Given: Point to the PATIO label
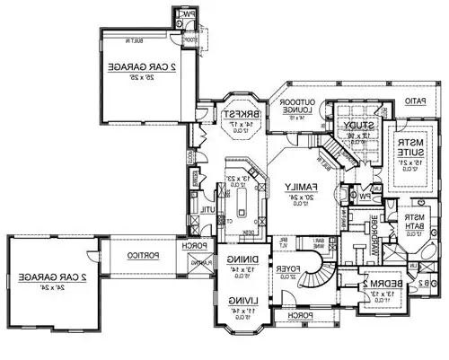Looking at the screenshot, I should pos(414,101).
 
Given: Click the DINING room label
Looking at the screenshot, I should pos(239,259).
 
